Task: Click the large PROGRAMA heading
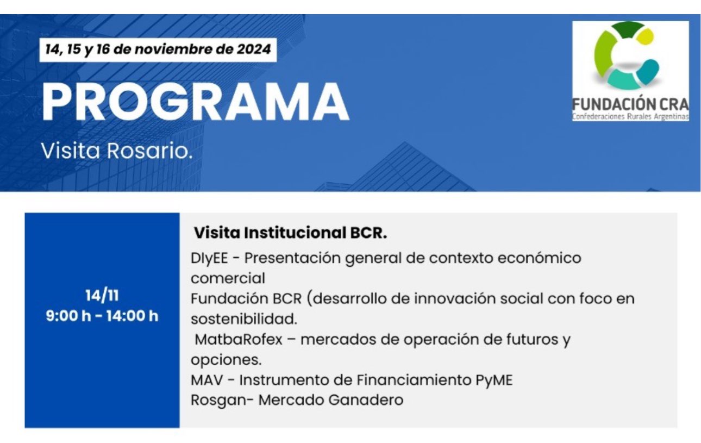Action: [195, 102]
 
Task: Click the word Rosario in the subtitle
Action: [149, 151]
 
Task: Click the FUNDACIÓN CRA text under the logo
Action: [630, 104]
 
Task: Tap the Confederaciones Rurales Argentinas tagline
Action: [630, 117]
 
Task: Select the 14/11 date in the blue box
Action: [102, 296]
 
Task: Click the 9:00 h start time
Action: [68, 316]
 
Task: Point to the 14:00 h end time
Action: [132, 316]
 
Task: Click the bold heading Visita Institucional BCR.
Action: [290, 233]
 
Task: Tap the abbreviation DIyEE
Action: [209, 258]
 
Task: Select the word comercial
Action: [228, 278]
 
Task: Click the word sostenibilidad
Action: [244, 319]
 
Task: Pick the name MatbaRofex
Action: [239, 339]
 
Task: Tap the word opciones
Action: [226, 360]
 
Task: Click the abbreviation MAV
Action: [207, 380]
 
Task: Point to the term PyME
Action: [494, 380]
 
